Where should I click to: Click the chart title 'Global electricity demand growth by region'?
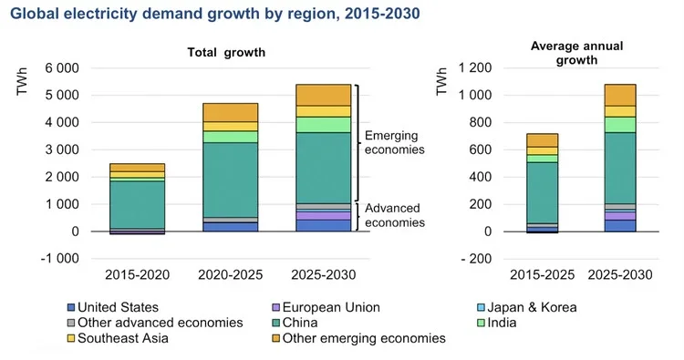(x=202, y=15)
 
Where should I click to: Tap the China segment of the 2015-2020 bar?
(x=137, y=204)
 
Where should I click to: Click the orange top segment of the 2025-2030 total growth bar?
(x=324, y=95)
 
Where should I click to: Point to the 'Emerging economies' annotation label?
(x=394, y=142)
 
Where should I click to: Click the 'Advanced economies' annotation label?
(x=394, y=216)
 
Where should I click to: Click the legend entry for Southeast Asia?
(x=122, y=338)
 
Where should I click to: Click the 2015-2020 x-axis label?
(x=137, y=274)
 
